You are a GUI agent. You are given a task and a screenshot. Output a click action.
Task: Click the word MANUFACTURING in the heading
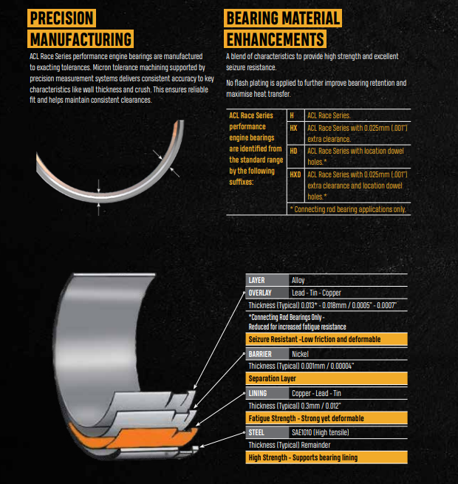(81, 38)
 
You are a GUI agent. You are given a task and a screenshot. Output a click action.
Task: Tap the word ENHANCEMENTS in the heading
(276, 38)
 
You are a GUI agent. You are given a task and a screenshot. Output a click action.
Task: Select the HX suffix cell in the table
(293, 127)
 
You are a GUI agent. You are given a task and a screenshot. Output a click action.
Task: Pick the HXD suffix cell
(295, 174)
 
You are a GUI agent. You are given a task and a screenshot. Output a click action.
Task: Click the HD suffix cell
(293, 151)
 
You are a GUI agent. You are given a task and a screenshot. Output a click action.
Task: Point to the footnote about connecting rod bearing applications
(348, 209)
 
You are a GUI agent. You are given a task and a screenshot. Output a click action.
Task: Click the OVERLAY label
(259, 293)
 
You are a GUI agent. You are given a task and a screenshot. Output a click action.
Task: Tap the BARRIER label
(259, 354)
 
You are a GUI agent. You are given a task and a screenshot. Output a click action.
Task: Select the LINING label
(257, 393)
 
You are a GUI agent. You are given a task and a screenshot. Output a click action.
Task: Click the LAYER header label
(256, 281)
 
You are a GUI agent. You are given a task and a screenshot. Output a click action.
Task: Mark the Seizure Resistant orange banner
(326, 338)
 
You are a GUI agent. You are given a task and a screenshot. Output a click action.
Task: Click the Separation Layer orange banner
(326, 378)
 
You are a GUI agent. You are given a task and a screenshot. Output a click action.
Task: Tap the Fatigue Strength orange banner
(326, 417)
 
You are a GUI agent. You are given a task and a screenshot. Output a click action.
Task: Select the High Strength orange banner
(326, 457)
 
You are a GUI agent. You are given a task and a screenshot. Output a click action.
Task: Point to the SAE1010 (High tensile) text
(321, 432)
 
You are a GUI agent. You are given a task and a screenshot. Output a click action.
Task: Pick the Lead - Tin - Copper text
(315, 293)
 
